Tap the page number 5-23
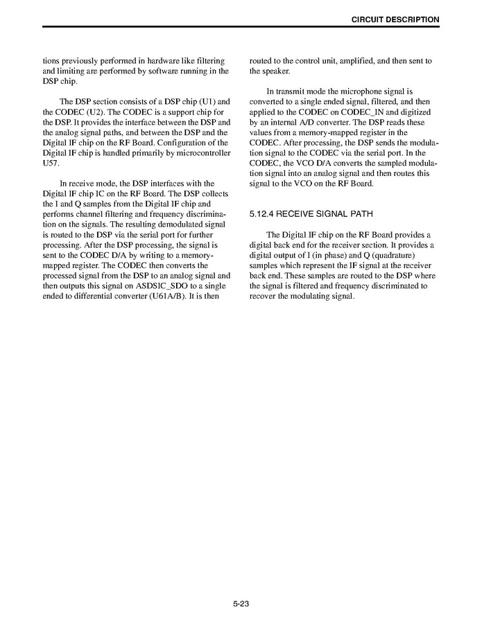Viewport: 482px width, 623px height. coord(241,604)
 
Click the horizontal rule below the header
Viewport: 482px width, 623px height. coord(241,28)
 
